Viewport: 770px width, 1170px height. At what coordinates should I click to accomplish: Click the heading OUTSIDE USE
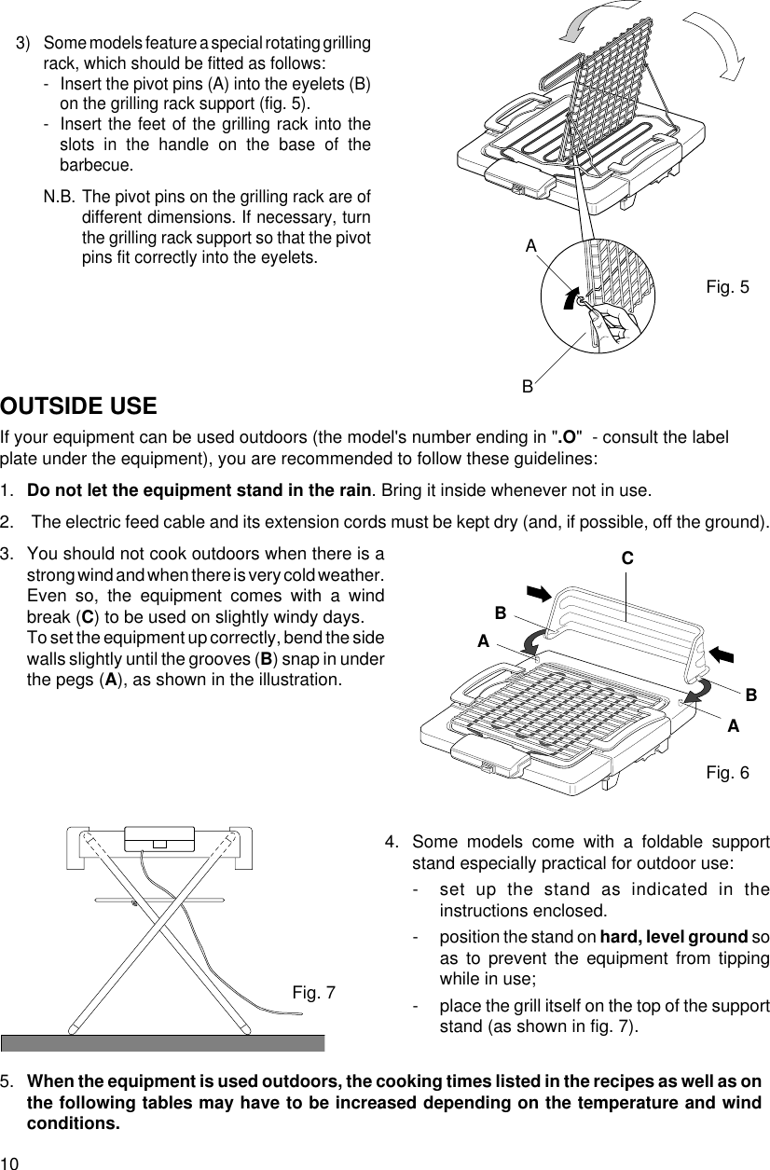click(78, 407)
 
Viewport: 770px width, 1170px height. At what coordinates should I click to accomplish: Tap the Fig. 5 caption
click(727, 287)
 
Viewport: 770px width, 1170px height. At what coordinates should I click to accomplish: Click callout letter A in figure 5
click(530, 246)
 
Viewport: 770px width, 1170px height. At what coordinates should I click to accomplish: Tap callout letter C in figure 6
click(627, 558)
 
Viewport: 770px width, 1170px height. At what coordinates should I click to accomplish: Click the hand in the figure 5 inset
click(611, 318)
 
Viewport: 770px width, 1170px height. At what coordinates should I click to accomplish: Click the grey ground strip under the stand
click(162, 1042)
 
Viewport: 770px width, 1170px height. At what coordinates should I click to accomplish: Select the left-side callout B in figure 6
click(501, 613)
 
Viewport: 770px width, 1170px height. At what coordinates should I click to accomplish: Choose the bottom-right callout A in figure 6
click(734, 725)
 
